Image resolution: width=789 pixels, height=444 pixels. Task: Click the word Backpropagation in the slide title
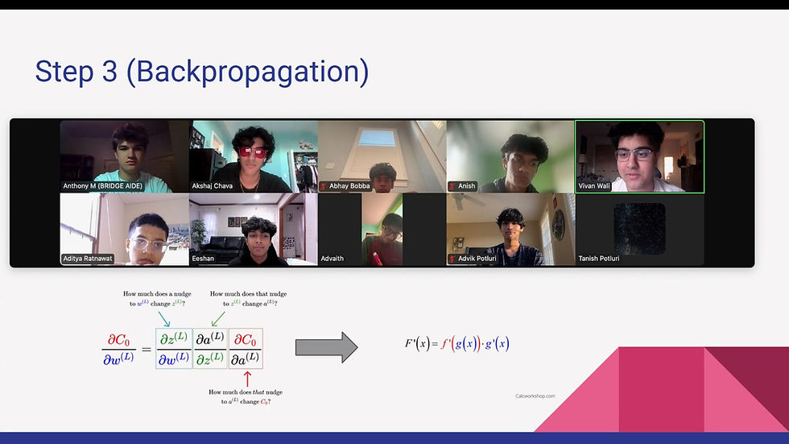point(250,72)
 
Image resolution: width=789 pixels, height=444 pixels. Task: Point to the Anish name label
point(466,186)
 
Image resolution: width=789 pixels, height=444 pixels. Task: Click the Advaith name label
point(332,259)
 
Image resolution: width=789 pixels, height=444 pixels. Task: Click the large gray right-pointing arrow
point(326,347)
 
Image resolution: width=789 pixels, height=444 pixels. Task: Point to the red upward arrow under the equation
point(247,377)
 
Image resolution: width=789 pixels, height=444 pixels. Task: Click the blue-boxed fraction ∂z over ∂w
point(174,348)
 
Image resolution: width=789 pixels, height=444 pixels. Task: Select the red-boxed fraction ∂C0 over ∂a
point(246,348)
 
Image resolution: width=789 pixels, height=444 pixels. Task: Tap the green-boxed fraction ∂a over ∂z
point(210,348)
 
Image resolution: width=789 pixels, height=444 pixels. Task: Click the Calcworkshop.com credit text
point(535,396)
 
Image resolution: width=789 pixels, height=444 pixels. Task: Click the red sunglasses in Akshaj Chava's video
point(254,151)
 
